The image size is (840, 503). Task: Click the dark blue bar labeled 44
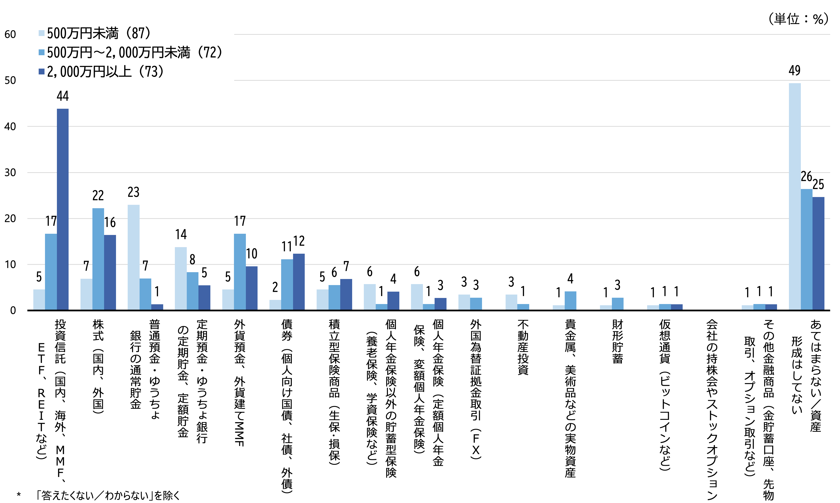pos(63,209)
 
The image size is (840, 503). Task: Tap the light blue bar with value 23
pos(134,257)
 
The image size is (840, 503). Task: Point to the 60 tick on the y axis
pos(10,34)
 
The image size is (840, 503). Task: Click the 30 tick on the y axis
pos(10,172)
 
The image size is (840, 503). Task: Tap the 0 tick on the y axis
pos(13,310)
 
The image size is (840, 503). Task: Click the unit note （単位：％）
pos(798,19)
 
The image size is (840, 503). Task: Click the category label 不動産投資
pos(523,347)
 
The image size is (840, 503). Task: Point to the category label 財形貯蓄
pos(617,342)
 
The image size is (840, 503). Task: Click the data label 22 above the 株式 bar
pos(98,196)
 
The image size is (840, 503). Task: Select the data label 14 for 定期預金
pos(181,234)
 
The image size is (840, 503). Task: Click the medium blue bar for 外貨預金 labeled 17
pos(240,272)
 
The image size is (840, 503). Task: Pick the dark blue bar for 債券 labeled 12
pos(299,282)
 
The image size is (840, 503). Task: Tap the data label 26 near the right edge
pos(806,176)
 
